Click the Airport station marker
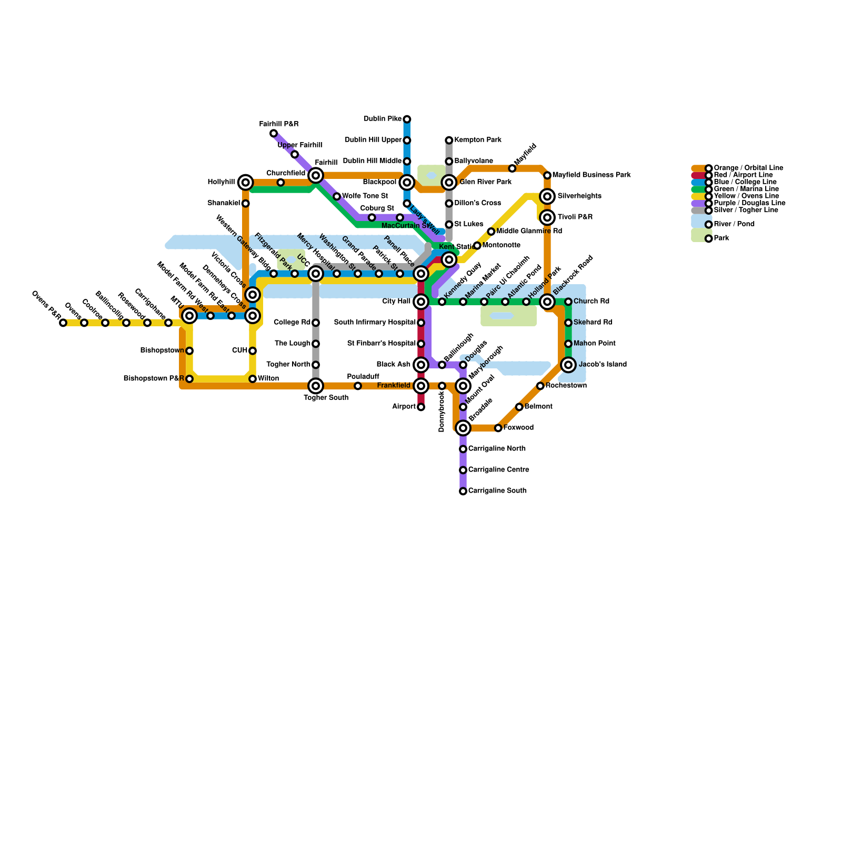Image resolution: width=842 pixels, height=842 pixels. point(421,407)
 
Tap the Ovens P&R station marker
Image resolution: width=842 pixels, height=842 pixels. point(63,323)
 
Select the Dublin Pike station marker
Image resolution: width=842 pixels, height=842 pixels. point(407,119)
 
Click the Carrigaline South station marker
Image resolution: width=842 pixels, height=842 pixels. point(463,491)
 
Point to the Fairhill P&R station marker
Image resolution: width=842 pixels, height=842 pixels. point(274,133)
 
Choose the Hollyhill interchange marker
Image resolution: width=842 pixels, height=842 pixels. point(246,183)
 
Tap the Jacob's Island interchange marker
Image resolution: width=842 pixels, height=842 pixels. point(568,365)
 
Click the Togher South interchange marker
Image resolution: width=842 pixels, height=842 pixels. point(316,386)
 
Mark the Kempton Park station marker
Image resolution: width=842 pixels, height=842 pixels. point(449,140)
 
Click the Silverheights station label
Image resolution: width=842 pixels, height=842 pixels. point(579,196)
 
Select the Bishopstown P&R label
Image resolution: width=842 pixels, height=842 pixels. point(154,379)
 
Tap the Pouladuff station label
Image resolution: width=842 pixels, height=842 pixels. point(363,377)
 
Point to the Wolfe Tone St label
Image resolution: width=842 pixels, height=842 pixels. point(365,196)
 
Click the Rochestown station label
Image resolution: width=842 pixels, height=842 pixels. point(566,386)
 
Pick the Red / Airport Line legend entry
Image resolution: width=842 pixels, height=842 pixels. point(743,175)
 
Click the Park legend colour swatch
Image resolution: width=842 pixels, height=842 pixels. point(701,235)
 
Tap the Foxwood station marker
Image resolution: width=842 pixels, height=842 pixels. point(498,428)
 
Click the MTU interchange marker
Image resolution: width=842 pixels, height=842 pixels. point(189,316)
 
